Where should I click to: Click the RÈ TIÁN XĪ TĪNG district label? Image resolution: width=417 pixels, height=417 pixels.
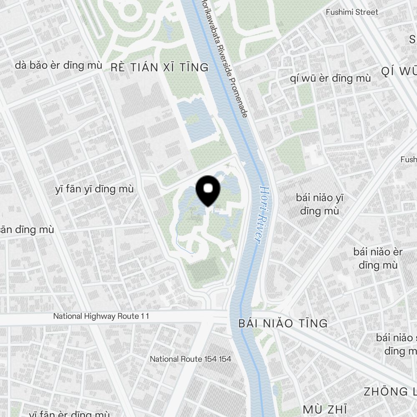pyautogui.click(x=159, y=68)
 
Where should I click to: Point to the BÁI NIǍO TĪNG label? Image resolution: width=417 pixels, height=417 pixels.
pyautogui.click(x=283, y=323)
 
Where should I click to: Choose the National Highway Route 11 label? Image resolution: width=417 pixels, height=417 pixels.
pyautogui.click(x=101, y=317)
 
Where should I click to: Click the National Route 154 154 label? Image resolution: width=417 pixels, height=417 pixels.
pyautogui.click(x=191, y=359)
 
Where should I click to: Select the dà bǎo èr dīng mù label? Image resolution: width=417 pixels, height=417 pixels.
pyautogui.click(x=58, y=65)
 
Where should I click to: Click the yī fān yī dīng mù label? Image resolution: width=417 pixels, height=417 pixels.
pyautogui.click(x=94, y=189)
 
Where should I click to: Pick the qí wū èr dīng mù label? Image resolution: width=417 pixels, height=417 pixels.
pyautogui.click(x=330, y=78)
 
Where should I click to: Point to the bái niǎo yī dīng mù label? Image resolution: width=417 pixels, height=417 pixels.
pyautogui.click(x=319, y=204)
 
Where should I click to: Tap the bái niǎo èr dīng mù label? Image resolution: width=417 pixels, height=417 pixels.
pyautogui.click(x=378, y=259)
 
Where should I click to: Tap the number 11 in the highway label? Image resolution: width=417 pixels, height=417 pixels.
pyautogui.click(x=144, y=317)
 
